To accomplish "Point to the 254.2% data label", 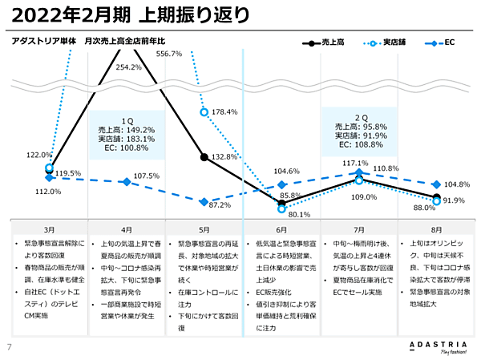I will [x=129, y=67].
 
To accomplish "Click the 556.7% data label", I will [x=168, y=54].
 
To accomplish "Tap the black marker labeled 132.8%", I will [x=204, y=157].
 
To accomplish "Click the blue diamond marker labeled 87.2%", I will [x=204, y=201].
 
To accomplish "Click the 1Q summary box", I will [x=127, y=135].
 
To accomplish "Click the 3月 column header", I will [x=49, y=229].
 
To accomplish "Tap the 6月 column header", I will [x=281, y=229].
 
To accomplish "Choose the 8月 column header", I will [x=436, y=229].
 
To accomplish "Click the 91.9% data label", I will [x=454, y=200].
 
